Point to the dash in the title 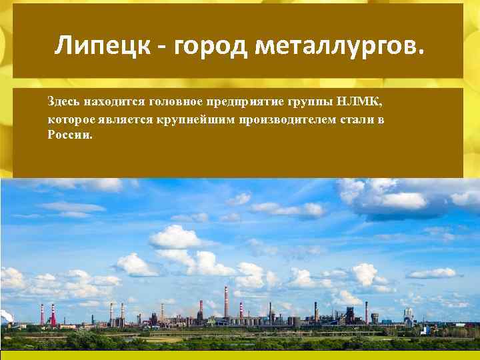pos(163,47)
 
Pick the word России pos(70,135)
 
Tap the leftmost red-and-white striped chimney pos(43,314)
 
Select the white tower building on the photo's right pos(406,315)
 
